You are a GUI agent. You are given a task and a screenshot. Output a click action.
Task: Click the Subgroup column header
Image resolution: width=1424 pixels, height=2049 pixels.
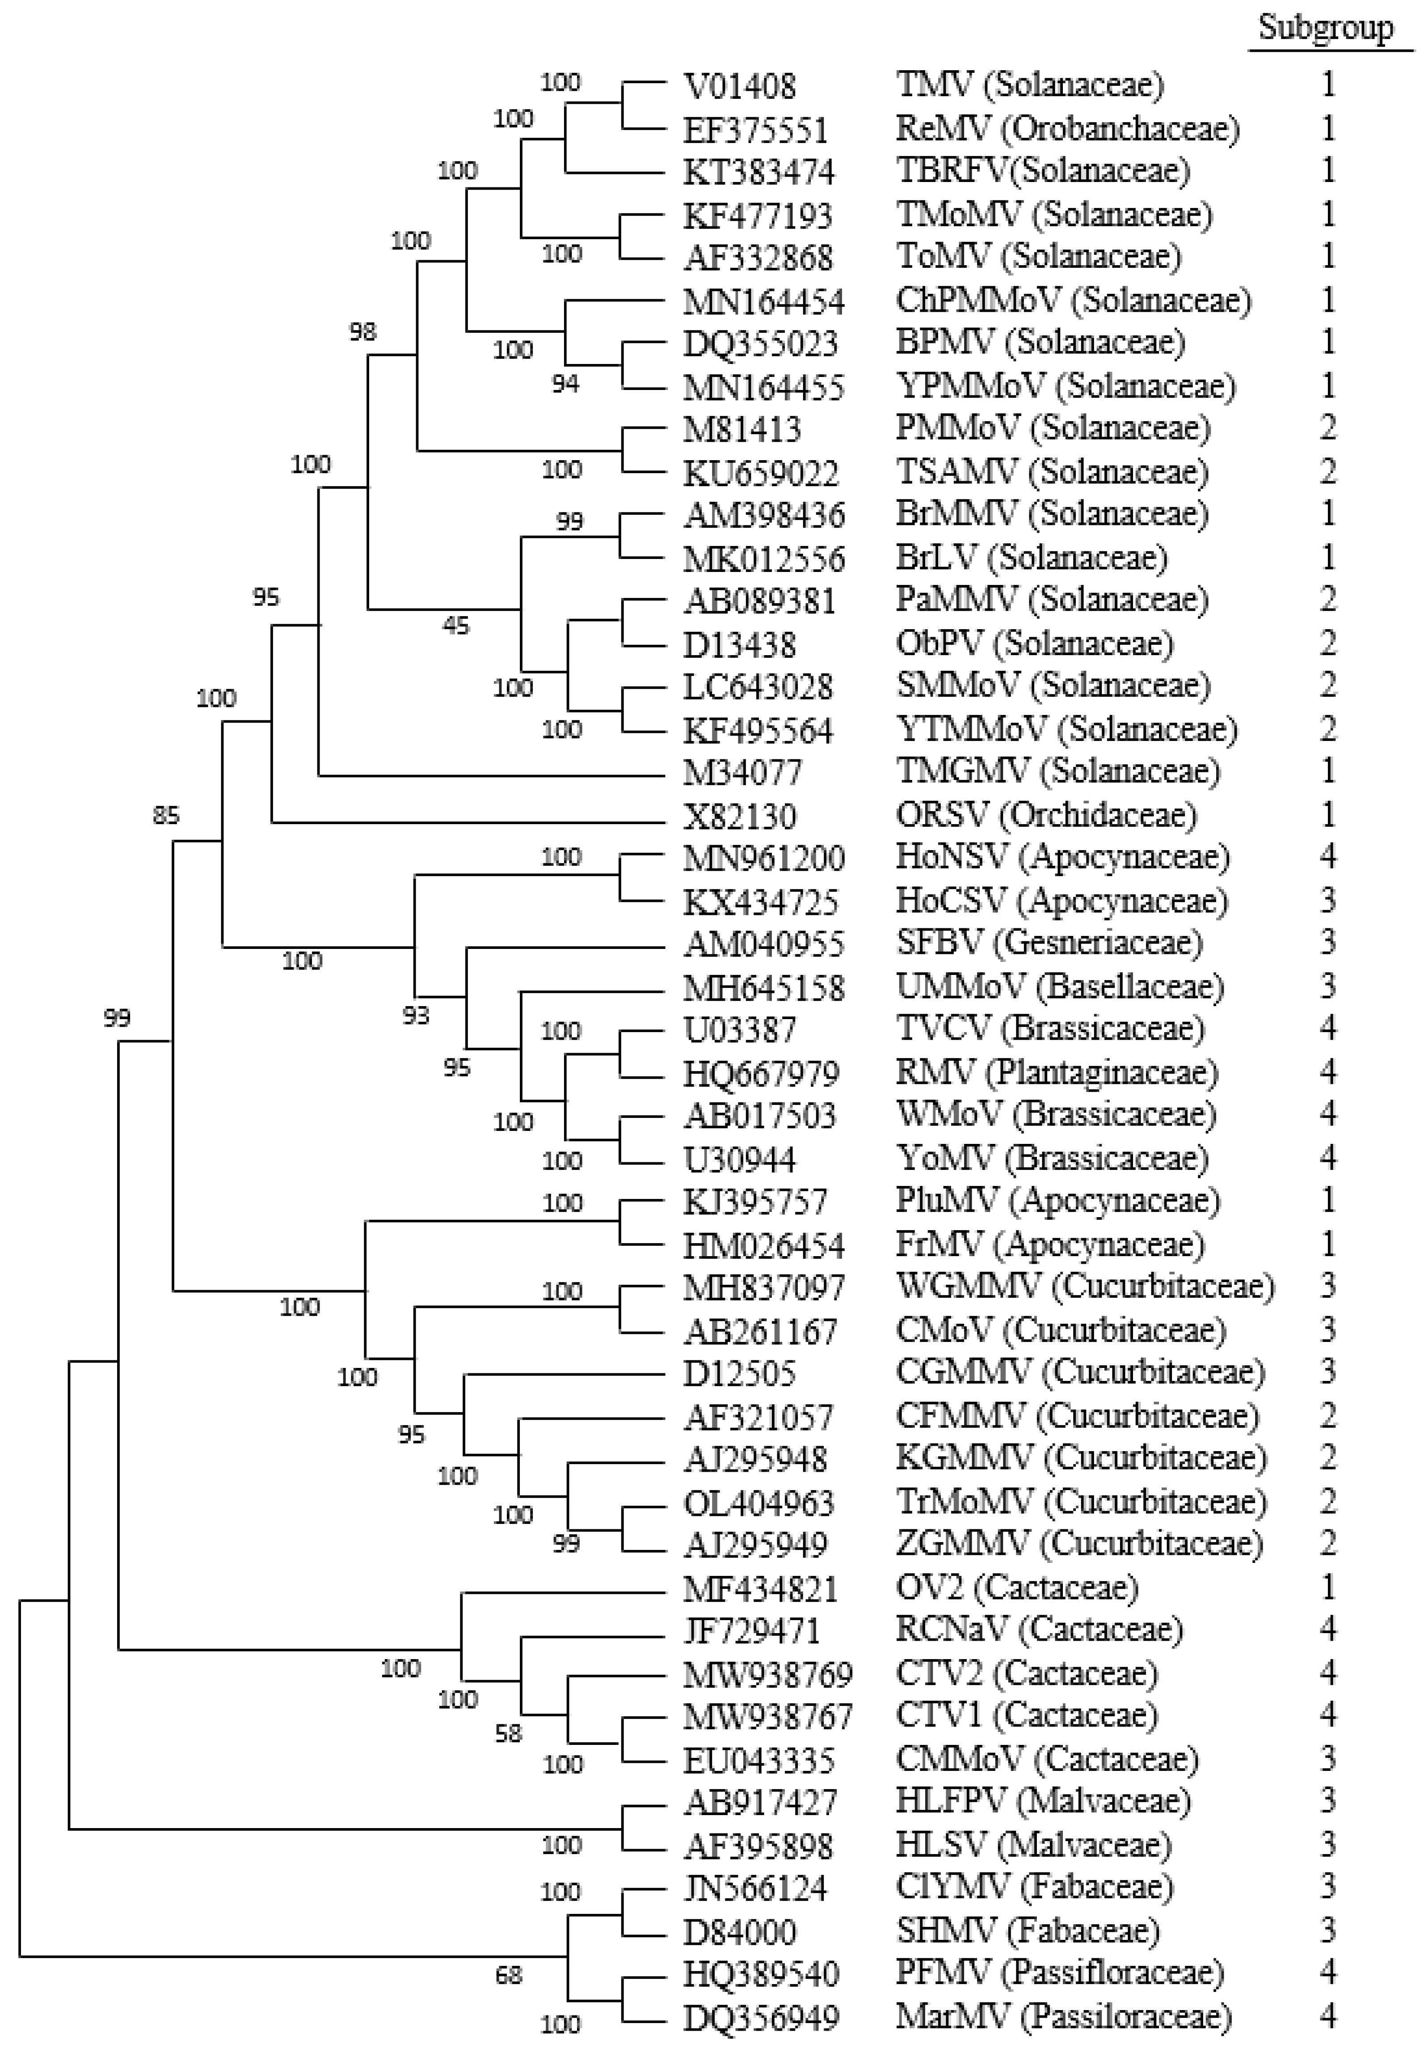click(x=1326, y=29)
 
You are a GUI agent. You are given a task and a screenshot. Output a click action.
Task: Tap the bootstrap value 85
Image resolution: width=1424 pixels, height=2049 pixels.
click(x=166, y=815)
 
